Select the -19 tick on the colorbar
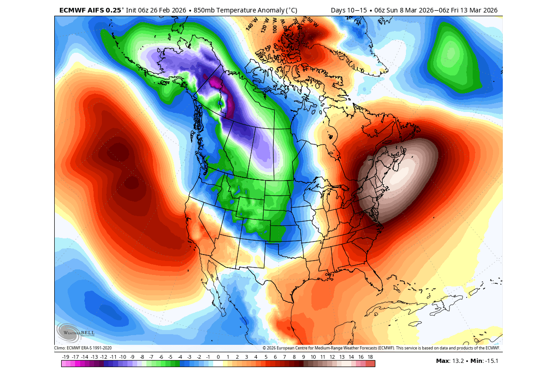click(x=65, y=357)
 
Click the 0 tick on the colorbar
click(x=218, y=357)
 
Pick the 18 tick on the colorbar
click(x=370, y=357)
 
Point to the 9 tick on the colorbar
click(x=304, y=357)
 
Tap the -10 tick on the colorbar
click(x=122, y=357)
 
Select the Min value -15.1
click(x=492, y=361)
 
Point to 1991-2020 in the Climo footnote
click(x=101, y=348)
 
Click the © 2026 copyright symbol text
click(x=273, y=348)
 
